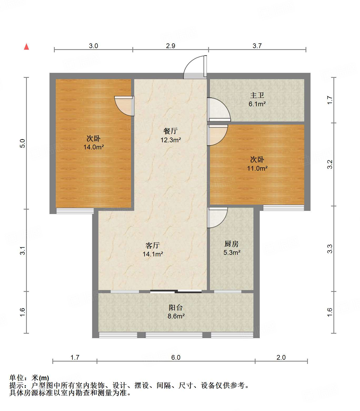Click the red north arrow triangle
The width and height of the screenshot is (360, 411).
[26, 47]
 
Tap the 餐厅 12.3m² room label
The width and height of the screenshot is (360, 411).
[171, 135]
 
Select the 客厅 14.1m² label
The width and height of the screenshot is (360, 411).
[153, 250]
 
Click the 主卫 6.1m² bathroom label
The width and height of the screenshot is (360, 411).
[257, 99]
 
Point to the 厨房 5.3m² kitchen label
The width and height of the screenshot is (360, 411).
[232, 248]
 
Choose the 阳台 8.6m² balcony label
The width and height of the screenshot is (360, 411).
[176, 312]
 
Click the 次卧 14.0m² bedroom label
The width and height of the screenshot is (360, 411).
[93, 143]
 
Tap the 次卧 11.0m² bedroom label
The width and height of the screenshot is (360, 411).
[257, 164]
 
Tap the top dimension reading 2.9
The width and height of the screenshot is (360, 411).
[171, 46]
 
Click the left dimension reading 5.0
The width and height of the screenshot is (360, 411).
[23, 143]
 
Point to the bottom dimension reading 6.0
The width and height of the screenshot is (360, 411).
[176, 357]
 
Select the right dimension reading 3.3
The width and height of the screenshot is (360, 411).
[330, 248]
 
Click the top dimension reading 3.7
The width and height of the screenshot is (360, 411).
[257, 46]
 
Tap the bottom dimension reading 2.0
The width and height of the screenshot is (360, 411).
[281, 357]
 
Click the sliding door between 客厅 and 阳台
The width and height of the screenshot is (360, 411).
[176, 291]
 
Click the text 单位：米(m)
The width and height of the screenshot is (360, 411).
[29, 378]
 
